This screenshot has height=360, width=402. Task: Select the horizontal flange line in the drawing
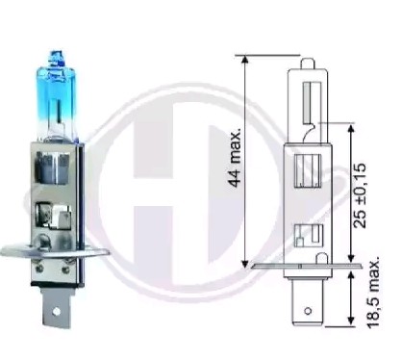coord(308,265)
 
